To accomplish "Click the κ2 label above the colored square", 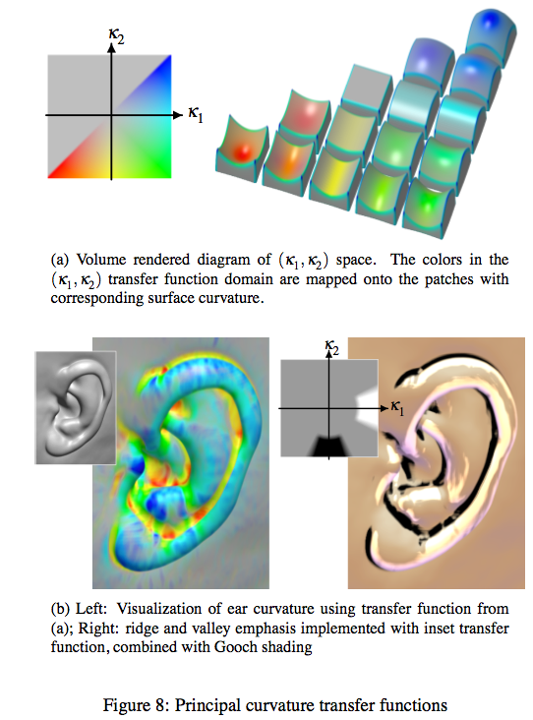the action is pyautogui.click(x=116, y=35).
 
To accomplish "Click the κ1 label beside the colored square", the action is pyautogui.click(x=195, y=114).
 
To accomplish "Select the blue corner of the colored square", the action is pyautogui.click(x=167, y=59).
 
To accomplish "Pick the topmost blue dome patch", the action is pyautogui.click(x=491, y=31).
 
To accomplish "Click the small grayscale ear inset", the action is pyautogui.click(x=76, y=408).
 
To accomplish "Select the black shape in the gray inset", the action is pyautogui.click(x=330, y=447).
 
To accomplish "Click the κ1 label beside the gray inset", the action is pyautogui.click(x=397, y=407).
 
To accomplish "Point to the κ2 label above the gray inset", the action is pyautogui.click(x=331, y=346).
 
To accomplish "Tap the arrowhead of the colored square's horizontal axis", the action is pyautogui.click(x=178, y=115).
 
